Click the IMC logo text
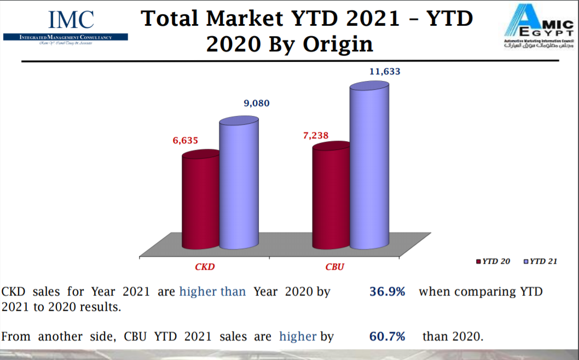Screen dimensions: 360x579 71,20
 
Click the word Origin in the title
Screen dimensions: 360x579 335,44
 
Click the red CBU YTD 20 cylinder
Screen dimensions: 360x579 331,196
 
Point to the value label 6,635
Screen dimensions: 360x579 186,141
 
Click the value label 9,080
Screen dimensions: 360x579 256,103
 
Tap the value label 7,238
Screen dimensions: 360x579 316,135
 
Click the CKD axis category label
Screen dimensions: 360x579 205,267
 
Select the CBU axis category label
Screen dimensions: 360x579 335,267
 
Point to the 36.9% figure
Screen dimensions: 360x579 387,292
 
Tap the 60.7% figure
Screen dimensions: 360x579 387,336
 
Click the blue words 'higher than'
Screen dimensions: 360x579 212,292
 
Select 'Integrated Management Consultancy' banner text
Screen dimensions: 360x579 66,37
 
